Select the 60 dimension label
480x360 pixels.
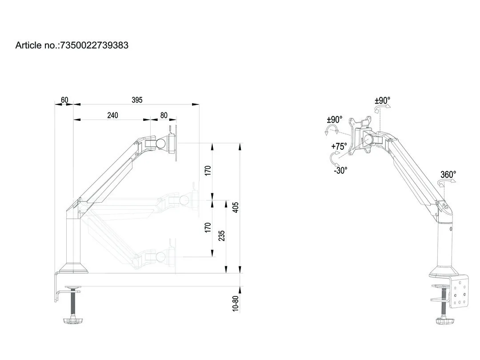(x=64, y=100)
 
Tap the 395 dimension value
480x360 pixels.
(x=137, y=100)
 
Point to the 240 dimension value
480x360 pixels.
(x=112, y=115)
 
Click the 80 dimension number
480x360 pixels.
(x=164, y=115)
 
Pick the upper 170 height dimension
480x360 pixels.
(x=208, y=171)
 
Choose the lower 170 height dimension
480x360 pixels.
(x=208, y=228)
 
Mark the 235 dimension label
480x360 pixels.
(x=222, y=236)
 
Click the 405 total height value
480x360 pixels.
(x=236, y=207)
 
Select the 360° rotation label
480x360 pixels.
(x=448, y=175)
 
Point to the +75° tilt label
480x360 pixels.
(x=339, y=146)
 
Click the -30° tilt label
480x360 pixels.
(x=340, y=170)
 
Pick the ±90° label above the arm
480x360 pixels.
(x=382, y=100)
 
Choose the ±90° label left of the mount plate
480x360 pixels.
(x=335, y=120)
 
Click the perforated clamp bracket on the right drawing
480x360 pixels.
(x=460, y=291)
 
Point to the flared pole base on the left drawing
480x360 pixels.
(x=74, y=268)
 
